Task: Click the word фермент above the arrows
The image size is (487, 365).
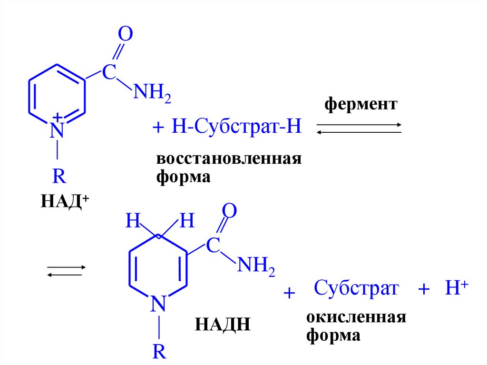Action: pos(360,104)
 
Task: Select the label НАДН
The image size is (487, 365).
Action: pos(222,326)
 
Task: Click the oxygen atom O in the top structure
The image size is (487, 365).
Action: pos(125,35)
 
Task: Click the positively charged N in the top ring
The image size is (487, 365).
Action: pos(57,128)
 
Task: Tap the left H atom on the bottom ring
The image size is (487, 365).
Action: pos(133,221)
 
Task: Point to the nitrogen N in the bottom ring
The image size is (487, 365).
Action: pos(158,303)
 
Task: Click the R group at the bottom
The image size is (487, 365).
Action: pos(159,352)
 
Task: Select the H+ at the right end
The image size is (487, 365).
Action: pos(457,289)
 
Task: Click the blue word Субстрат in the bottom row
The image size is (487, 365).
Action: pos(356,288)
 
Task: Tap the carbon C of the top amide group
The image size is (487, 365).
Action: pos(109,73)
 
